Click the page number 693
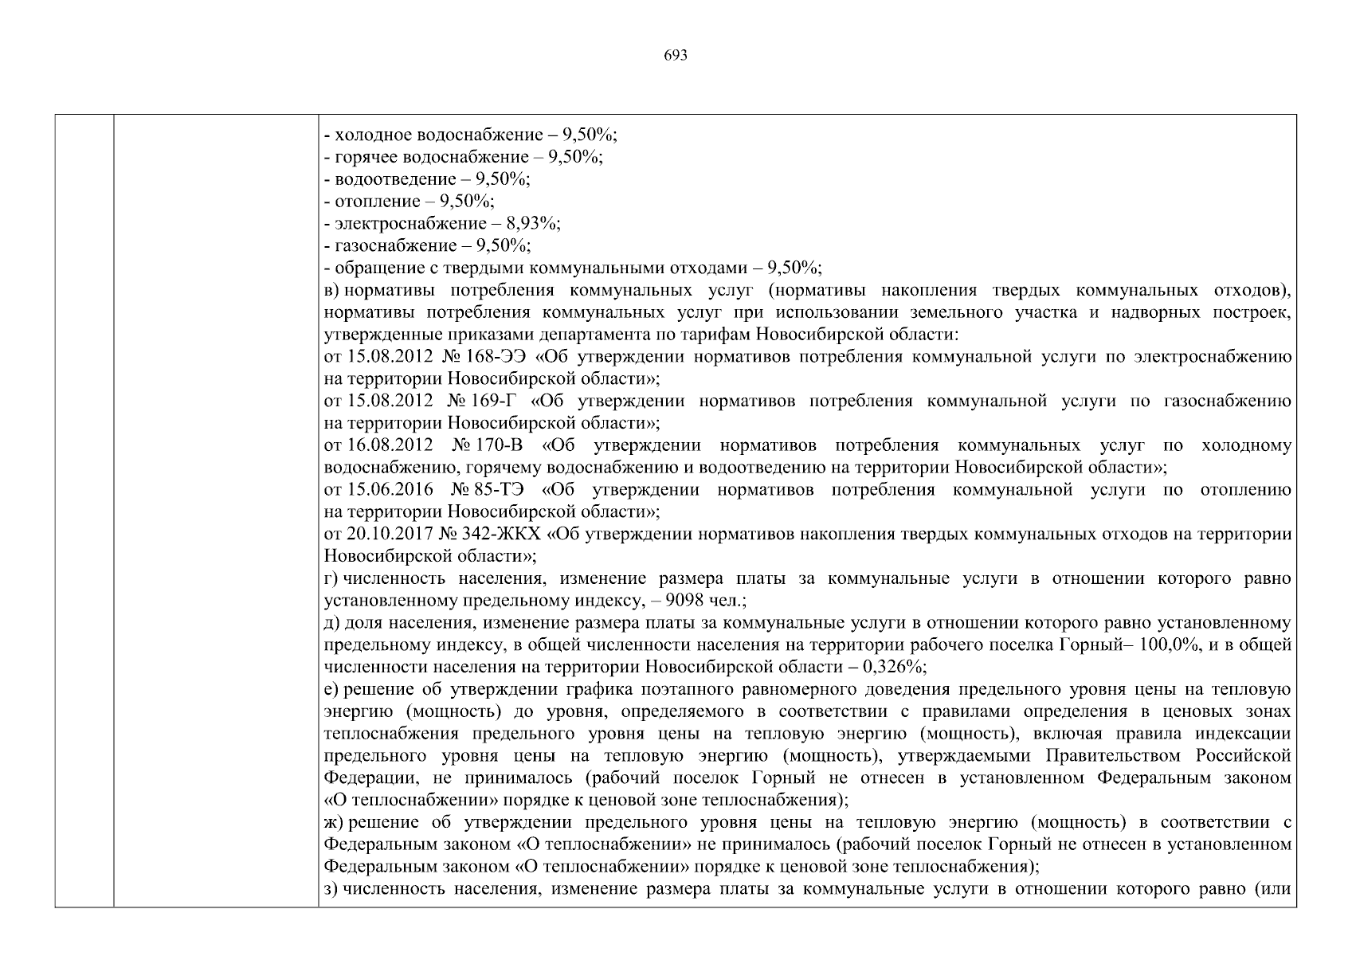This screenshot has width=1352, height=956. click(675, 56)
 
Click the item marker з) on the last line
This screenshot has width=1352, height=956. click(332, 888)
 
